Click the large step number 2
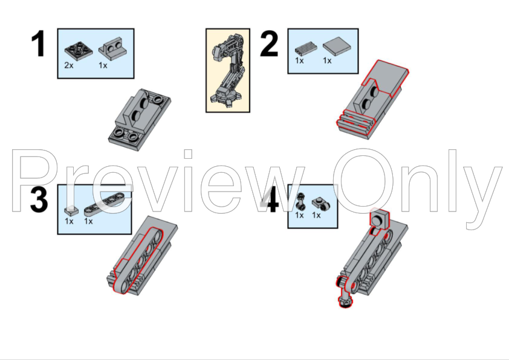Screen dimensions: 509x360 click(269, 43)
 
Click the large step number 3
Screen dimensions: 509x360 click(39, 199)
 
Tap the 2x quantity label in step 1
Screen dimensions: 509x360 click(69, 65)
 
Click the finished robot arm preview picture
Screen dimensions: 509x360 click(227, 71)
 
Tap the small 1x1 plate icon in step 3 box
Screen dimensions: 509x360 click(71, 210)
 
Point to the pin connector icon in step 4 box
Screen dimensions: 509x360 click(301, 201)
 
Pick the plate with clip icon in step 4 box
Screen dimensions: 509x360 click(321, 204)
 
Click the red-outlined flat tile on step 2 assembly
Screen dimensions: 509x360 click(386, 78)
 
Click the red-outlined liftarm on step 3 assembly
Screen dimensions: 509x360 click(138, 260)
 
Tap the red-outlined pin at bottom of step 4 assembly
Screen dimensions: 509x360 click(345, 294)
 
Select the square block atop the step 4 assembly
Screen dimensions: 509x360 click(380, 219)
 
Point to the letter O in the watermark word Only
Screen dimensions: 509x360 click(363, 181)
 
